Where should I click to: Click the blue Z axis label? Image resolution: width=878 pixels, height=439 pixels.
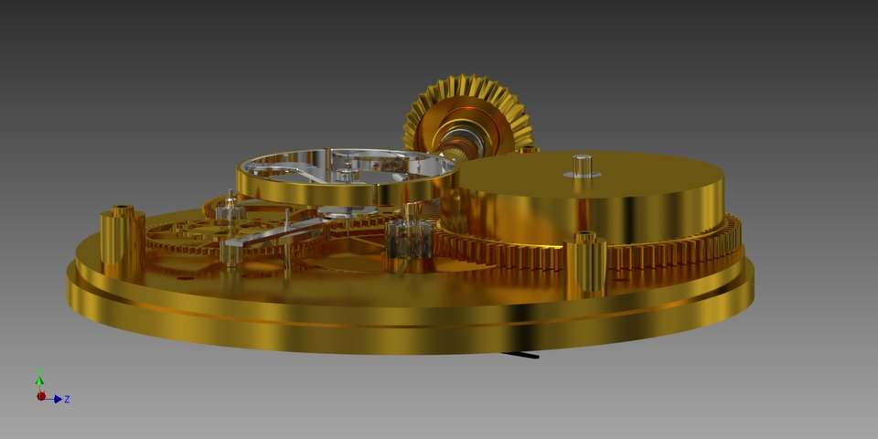pos(68,400)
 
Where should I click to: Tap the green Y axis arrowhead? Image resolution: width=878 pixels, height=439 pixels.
pos(39,379)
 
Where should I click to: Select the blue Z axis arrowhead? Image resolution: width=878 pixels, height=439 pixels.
pos(58,399)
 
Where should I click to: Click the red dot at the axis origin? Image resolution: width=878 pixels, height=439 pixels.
pos(40,396)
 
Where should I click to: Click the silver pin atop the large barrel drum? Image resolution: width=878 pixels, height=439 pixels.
pos(582,165)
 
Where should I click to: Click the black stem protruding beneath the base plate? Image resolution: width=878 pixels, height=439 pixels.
pos(522,352)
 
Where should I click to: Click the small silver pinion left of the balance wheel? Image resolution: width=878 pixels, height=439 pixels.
pos(229,211)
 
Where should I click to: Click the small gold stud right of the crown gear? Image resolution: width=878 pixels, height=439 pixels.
pos(529,149)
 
